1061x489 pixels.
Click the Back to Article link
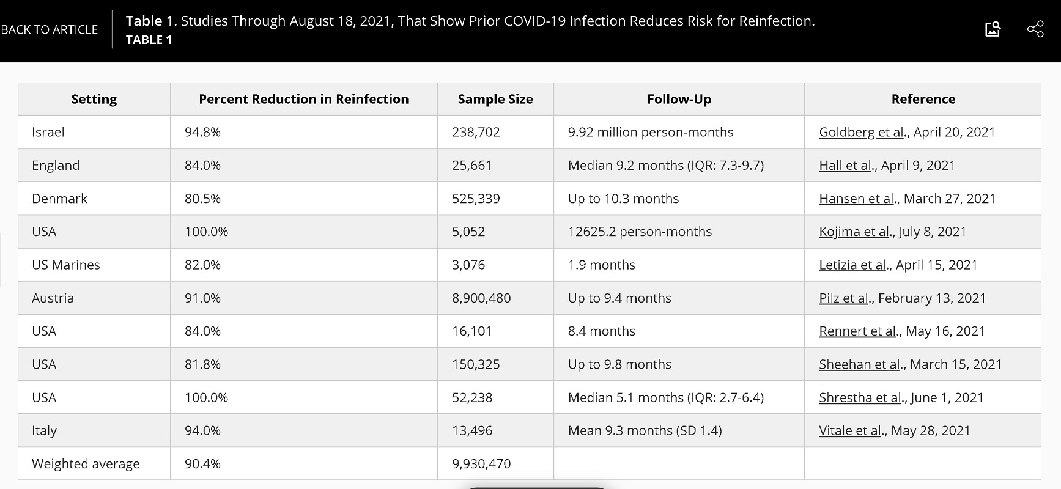point(49,29)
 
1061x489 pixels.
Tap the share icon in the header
point(1035,29)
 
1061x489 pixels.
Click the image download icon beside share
point(993,29)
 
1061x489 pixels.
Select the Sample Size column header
point(495,99)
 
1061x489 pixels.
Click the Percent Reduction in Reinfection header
point(304,99)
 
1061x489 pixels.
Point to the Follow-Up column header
point(679,99)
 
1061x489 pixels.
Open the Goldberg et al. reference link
point(862,132)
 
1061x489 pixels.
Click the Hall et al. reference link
point(846,165)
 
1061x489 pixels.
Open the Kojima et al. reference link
point(855,232)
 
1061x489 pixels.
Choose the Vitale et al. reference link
point(851,430)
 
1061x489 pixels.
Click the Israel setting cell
point(48,132)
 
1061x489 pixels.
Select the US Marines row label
point(66,265)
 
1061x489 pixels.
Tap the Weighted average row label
point(86,464)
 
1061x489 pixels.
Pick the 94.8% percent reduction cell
point(202,132)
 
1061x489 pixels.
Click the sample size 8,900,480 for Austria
point(481,298)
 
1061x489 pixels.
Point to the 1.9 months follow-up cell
point(602,265)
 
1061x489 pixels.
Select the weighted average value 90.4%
point(202,464)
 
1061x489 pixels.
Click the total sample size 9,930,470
point(481,464)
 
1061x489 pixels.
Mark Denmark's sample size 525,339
point(476,199)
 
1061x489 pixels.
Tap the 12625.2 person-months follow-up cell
point(640,232)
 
